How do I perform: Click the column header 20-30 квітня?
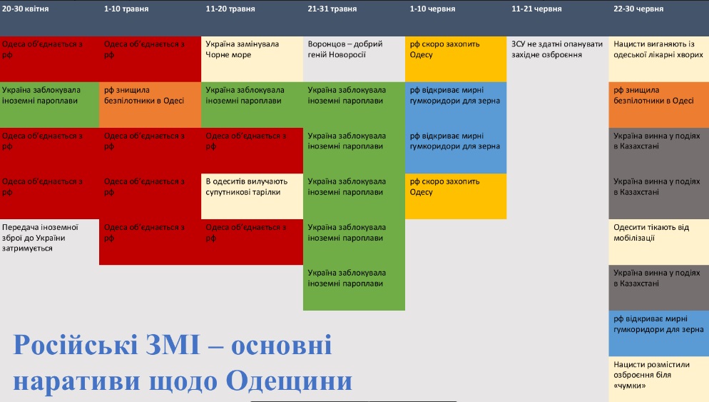pyautogui.click(x=26, y=9)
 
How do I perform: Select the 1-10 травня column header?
pyautogui.click(x=126, y=9)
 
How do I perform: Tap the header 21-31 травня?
pyautogui.click(x=332, y=9)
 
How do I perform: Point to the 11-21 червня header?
pyautogui.click(x=536, y=9)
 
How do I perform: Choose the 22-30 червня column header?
pyautogui.click(x=638, y=9)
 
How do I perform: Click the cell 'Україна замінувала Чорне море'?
pyautogui.click(x=253, y=59)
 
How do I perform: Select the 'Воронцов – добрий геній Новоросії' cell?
pyautogui.click(x=354, y=59)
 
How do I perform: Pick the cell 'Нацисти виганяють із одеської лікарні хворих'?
pyautogui.click(x=659, y=59)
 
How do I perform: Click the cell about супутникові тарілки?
pyautogui.click(x=253, y=196)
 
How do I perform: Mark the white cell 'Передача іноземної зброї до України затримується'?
pyautogui.click(x=50, y=242)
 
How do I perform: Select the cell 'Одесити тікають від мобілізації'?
pyautogui.click(x=659, y=242)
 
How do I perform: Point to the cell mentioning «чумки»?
pyautogui.click(x=659, y=379)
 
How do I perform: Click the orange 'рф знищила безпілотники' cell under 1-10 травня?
pyautogui.click(x=150, y=104)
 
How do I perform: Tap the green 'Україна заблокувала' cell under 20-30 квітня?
pyautogui.click(x=50, y=104)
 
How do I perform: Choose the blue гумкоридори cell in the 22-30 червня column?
pyautogui.click(x=659, y=333)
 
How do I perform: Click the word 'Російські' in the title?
pyautogui.click(x=75, y=345)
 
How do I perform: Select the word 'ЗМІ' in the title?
pyautogui.click(x=173, y=345)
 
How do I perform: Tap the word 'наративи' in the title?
pyautogui.click(x=76, y=381)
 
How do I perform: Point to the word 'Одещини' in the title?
pyautogui.click(x=289, y=382)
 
